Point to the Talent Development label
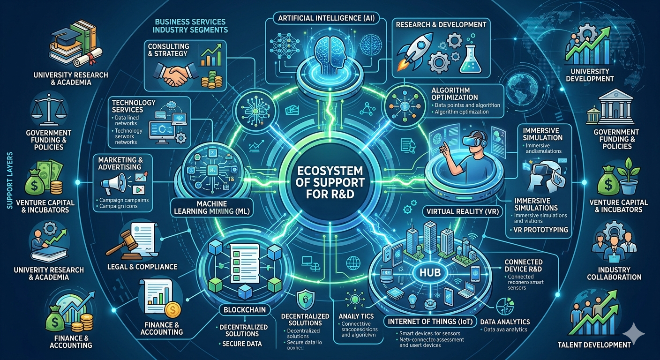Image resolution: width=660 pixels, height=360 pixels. [x=594, y=345]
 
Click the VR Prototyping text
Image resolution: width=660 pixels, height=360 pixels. [x=538, y=230]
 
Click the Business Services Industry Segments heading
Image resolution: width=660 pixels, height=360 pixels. [x=190, y=26]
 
